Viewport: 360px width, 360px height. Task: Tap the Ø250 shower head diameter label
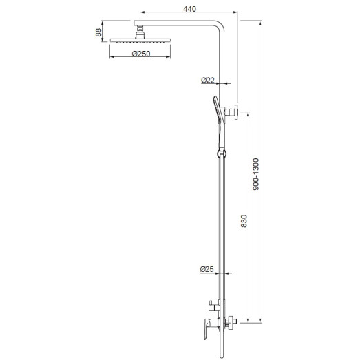140,54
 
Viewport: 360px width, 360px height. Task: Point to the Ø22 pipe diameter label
207,81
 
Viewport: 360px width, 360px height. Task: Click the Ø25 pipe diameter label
207,268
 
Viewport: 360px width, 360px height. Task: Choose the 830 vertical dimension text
243,222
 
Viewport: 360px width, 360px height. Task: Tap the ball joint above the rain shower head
140,29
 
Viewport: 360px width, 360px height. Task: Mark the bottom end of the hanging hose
222,354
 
